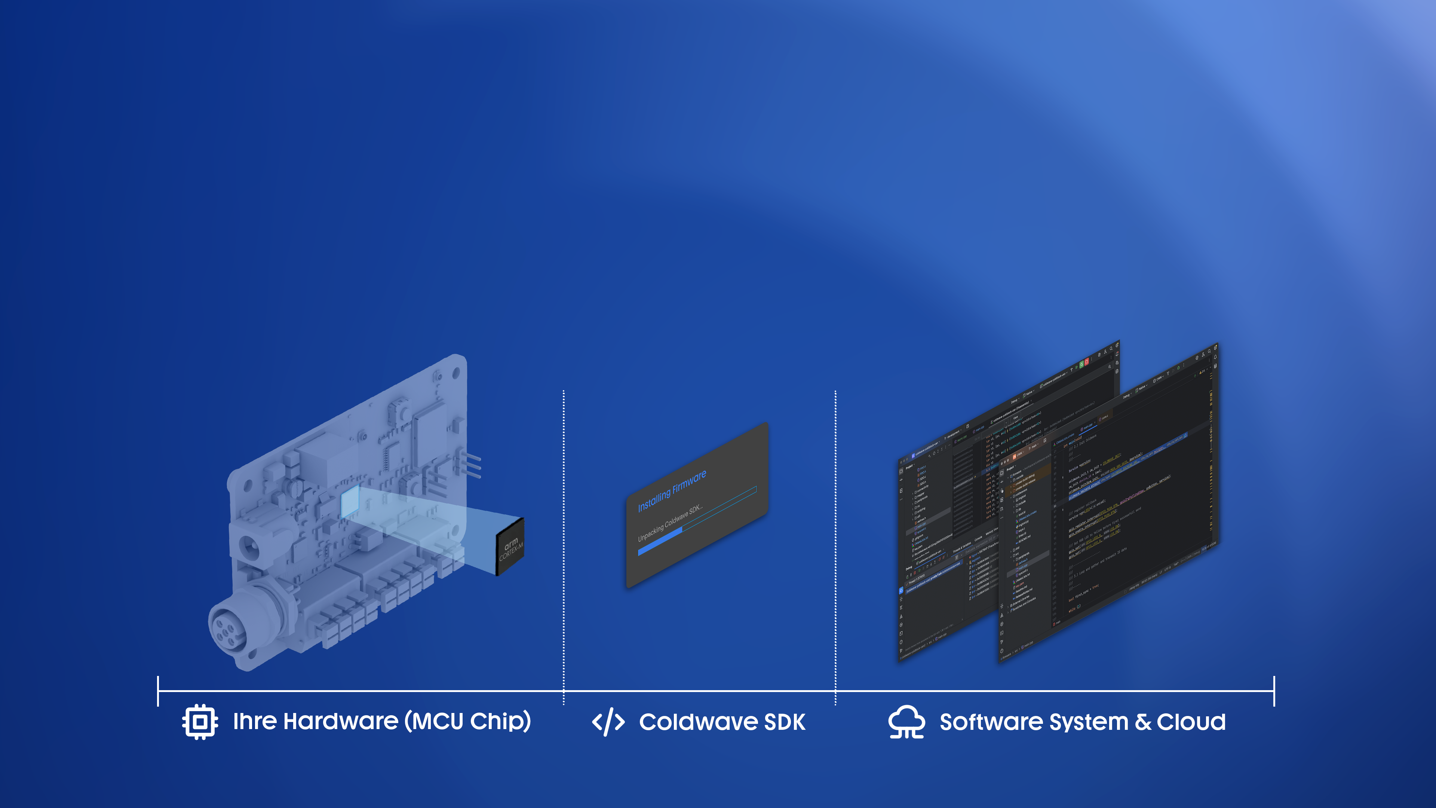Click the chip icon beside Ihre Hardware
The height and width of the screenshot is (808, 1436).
tap(200, 722)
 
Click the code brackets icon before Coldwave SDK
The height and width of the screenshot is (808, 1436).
tap(608, 722)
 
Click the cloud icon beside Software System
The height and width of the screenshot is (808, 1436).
tap(906, 722)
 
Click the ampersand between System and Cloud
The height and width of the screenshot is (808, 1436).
tap(1143, 722)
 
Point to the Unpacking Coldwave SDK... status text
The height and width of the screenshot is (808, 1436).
tap(670, 523)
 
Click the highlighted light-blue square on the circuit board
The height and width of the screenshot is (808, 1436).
tap(350, 500)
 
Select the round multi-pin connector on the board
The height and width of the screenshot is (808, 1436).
tap(228, 627)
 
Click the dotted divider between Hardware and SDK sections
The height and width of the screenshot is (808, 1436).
tap(564, 547)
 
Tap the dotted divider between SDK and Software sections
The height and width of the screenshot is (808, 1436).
tap(835, 547)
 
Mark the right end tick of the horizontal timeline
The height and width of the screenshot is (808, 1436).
tap(1274, 691)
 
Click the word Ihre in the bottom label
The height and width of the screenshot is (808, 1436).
tap(255, 722)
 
